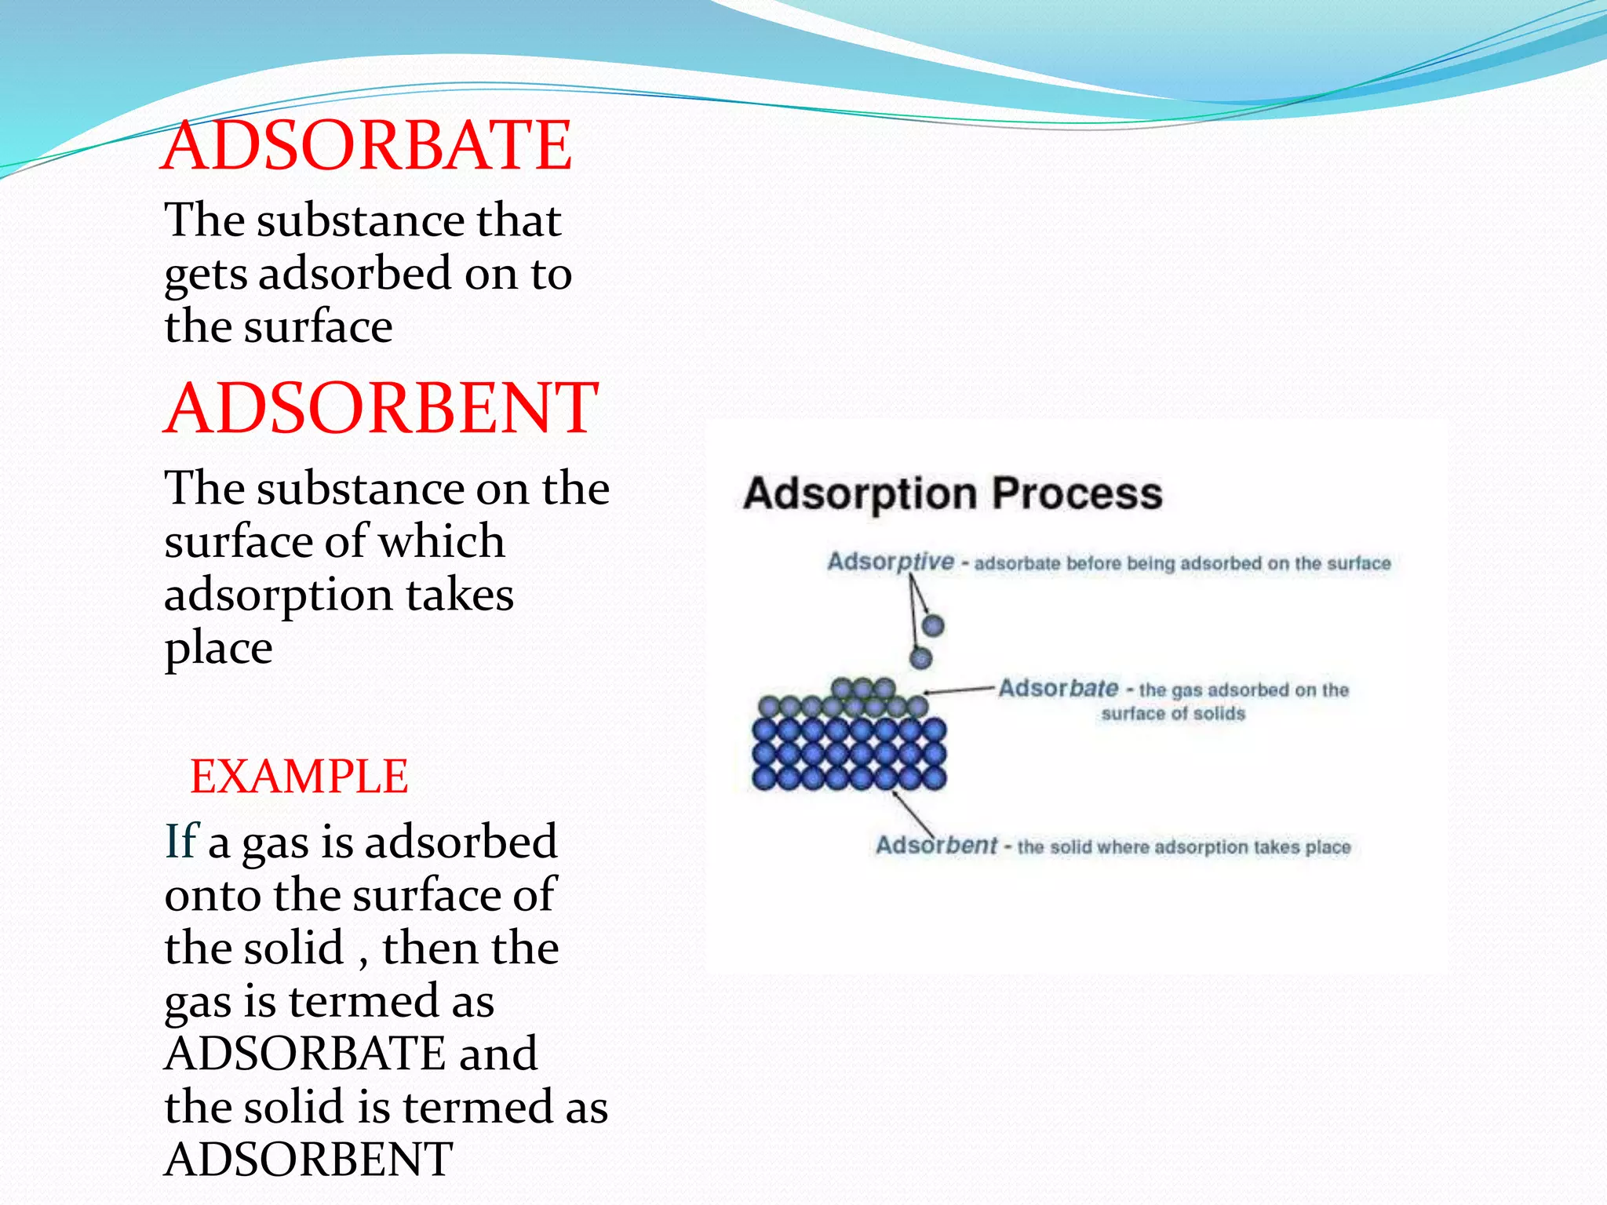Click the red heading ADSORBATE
click(366, 146)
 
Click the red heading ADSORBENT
click(381, 408)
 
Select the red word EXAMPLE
click(299, 777)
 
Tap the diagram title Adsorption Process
click(953, 494)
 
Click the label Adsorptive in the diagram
click(891, 562)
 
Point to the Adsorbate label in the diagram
click(1058, 689)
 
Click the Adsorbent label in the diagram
click(936, 846)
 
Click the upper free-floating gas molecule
click(932, 625)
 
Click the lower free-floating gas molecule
click(920, 657)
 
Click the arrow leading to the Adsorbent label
click(913, 814)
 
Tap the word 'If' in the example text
click(180, 842)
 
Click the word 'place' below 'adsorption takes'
click(218, 649)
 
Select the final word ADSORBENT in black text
click(308, 1159)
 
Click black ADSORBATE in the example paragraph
click(304, 1054)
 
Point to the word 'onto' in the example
click(213, 895)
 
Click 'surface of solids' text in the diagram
click(1173, 714)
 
